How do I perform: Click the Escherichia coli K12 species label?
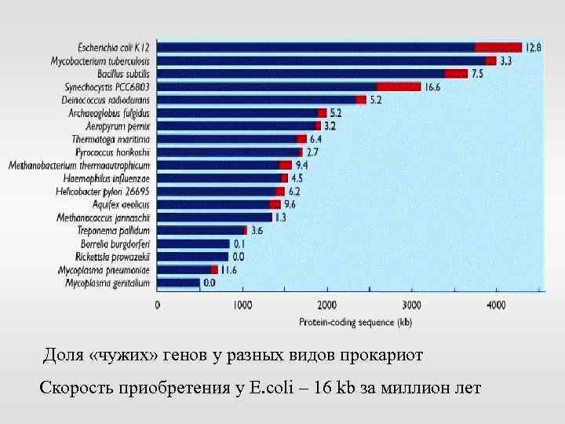coord(114,47)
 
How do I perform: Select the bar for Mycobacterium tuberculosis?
coord(322,60)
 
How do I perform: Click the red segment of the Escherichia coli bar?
coord(498,47)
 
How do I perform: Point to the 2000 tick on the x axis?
coord(326,305)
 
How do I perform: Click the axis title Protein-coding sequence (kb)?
coord(355,322)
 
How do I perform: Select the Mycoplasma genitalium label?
coord(108,282)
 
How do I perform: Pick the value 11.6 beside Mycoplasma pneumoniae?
coord(228,269)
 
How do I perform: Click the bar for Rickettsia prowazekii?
coord(193,256)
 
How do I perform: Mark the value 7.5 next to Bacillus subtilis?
coord(477,74)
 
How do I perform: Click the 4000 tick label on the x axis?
coord(496,305)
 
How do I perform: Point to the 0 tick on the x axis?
coord(158,305)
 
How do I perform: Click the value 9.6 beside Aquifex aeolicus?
coord(290,204)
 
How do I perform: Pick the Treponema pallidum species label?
coord(114,230)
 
